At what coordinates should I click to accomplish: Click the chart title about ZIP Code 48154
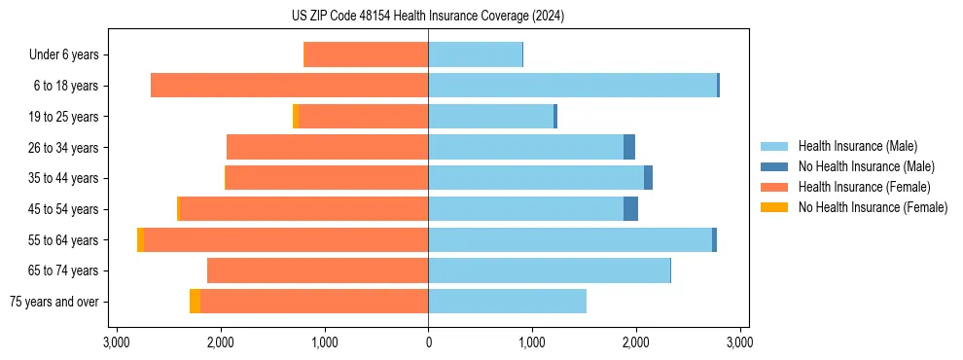point(427,16)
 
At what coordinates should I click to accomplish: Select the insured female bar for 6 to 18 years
point(290,86)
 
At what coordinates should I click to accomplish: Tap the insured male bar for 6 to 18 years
point(572,86)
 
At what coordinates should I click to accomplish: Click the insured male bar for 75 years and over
point(507,302)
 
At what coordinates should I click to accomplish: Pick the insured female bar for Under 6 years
point(367,55)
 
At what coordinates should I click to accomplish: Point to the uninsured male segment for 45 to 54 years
point(630,209)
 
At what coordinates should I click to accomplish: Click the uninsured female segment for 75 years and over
point(195,302)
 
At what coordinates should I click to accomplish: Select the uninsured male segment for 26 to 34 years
point(629,147)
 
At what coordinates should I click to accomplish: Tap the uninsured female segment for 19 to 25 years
point(296,117)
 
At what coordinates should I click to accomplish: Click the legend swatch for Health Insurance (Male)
point(774,146)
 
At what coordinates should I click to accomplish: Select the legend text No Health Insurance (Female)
point(873,207)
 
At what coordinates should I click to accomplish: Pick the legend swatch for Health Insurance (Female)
point(774,187)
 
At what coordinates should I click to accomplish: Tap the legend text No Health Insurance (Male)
point(866,166)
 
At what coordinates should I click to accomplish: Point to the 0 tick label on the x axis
point(428,342)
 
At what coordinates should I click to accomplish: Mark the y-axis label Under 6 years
point(64,55)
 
